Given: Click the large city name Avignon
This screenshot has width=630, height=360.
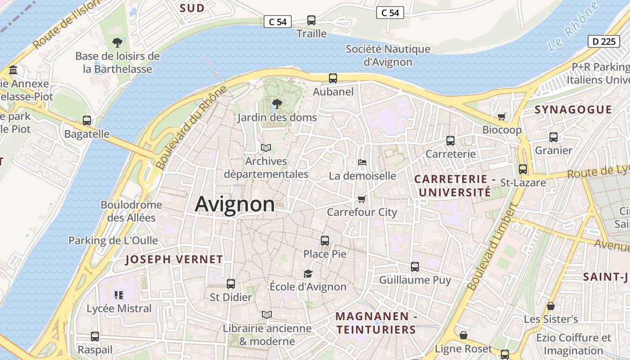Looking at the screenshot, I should (234, 204).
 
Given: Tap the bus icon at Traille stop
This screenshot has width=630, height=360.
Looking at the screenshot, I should (311, 20).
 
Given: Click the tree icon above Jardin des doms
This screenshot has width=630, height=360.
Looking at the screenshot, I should (277, 104).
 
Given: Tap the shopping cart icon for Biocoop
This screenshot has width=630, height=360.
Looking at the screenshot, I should (502, 117).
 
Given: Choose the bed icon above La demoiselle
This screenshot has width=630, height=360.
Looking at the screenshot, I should (362, 162).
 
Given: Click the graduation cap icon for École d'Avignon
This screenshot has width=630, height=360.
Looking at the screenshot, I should (308, 274).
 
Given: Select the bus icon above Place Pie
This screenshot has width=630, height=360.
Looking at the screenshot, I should (325, 241).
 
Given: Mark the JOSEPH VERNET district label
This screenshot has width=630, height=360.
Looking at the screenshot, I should (174, 260).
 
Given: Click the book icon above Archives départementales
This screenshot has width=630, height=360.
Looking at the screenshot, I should (266, 148).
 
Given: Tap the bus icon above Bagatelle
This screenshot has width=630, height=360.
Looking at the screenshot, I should (87, 121).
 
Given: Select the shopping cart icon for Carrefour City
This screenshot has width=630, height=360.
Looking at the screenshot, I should (361, 199).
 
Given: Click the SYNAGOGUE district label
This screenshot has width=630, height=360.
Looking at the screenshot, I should (573, 110).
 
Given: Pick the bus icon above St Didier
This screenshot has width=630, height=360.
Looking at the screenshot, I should (231, 284).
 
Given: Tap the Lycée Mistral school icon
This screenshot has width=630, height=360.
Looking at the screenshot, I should (119, 295).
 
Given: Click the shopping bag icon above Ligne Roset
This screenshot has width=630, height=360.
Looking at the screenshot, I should (463, 335).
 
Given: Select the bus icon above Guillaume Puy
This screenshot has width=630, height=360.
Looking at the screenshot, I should (415, 267).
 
